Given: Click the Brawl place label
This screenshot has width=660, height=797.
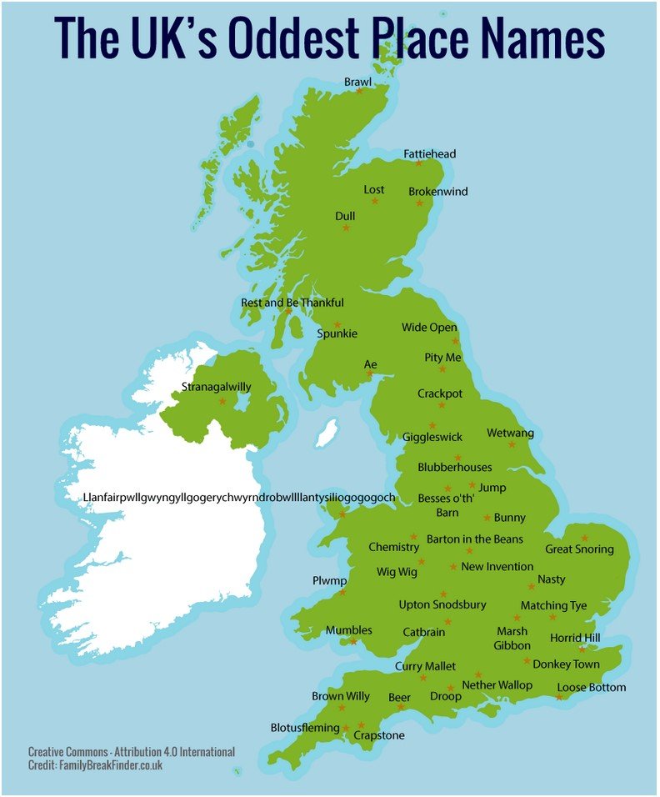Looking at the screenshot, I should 357,82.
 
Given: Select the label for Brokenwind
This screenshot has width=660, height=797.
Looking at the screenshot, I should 437,192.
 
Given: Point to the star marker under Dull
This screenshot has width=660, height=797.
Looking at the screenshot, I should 346,228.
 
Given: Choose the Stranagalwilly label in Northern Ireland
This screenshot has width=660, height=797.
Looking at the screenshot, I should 216,387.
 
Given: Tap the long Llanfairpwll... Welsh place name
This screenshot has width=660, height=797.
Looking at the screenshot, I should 239,498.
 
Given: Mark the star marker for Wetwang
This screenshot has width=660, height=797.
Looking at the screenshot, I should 512,444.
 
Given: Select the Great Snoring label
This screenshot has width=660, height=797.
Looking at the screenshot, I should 579,549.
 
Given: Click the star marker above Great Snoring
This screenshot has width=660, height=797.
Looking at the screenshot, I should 585,538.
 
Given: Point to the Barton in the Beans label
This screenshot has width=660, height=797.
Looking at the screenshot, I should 475,539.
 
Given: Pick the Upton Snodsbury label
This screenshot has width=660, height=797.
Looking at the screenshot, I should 442,604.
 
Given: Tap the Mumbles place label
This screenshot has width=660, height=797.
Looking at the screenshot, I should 348,630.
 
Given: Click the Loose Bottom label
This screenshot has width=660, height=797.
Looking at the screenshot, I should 592,688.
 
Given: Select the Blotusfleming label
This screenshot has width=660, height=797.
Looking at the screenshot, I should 305,728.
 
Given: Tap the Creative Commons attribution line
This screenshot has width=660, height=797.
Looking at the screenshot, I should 131,752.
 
